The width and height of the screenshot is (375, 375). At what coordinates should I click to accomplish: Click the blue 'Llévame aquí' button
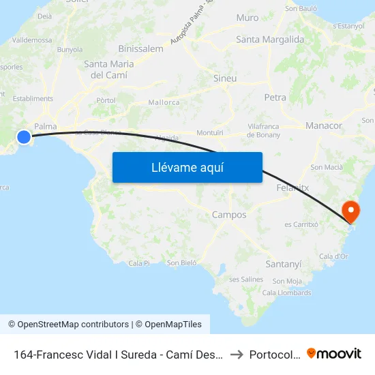[x=187, y=167]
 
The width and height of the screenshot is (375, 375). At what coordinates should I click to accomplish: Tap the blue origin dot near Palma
[x=24, y=137]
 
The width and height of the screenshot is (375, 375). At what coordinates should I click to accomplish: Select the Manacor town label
[x=324, y=126]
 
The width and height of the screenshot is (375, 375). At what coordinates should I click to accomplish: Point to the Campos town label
[x=229, y=215]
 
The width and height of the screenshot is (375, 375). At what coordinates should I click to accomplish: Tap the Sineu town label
[x=225, y=78]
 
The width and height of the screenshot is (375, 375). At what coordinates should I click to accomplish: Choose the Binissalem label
[x=140, y=49]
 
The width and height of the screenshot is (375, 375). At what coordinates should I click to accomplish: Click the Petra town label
[x=275, y=97]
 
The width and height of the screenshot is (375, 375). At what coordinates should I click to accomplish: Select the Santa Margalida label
[x=270, y=40]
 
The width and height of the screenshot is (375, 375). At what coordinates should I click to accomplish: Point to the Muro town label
[x=247, y=18]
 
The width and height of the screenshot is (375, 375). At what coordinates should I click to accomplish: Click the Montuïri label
[x=210, y=132]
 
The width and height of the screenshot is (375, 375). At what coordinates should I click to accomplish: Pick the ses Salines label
[x=246, y=280]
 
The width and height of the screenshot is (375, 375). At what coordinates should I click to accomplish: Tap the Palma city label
[x=45, y=126]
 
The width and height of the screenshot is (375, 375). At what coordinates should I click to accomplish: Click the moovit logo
[x=334, y=354]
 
